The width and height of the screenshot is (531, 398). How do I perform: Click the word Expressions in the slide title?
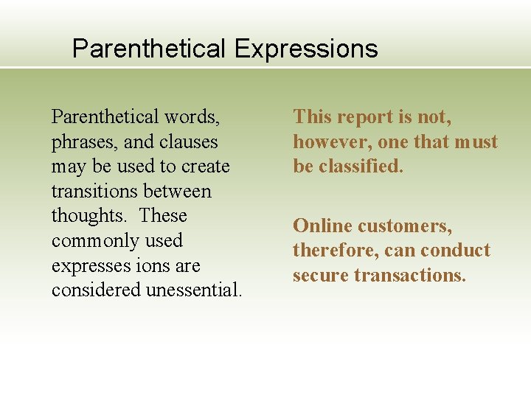tap(306, 49)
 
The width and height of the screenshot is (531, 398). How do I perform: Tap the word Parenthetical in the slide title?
tap(149, 49)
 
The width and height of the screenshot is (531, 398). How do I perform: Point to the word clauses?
tap(188, 142)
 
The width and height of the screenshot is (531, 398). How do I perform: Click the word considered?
tap(96, 290)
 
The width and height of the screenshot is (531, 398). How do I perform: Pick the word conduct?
tap(457, 251)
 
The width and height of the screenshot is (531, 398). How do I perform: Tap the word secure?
tap(320, 276)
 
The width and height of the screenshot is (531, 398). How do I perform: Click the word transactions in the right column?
tap(409, 276)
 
